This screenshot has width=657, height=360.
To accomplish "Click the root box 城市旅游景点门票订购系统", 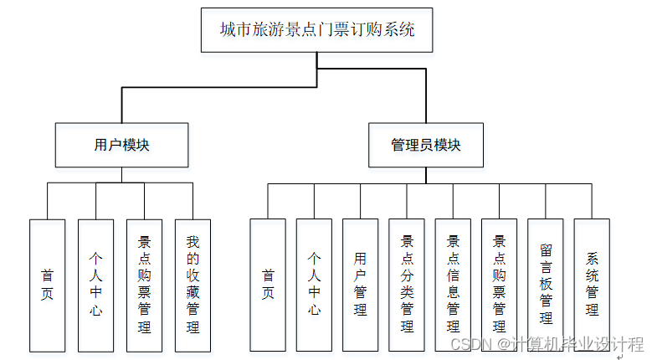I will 317,30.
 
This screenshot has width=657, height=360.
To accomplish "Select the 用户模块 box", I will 121,145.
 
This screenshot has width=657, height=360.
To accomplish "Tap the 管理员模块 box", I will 425,145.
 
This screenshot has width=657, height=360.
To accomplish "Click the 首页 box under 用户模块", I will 48,285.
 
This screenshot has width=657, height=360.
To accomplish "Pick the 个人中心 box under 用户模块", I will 95,285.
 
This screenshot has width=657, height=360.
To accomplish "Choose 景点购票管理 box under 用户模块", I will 144,285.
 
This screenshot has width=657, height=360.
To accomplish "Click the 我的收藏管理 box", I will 192,285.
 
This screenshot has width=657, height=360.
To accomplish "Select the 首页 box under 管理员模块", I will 268,285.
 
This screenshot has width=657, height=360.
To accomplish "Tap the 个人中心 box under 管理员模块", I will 314,285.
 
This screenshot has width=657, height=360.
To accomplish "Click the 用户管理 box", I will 361,285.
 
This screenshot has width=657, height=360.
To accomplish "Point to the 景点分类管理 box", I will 407,285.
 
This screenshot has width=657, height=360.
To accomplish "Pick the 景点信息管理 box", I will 453,285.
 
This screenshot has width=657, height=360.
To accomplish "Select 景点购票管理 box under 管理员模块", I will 500,285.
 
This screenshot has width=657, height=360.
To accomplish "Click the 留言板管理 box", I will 546,285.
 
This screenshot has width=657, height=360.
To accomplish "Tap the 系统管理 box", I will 592,285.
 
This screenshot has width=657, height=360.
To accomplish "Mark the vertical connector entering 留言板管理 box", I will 546,201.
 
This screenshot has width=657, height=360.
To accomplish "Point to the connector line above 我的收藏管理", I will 192,201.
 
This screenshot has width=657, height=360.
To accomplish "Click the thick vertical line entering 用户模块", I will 122,105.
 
